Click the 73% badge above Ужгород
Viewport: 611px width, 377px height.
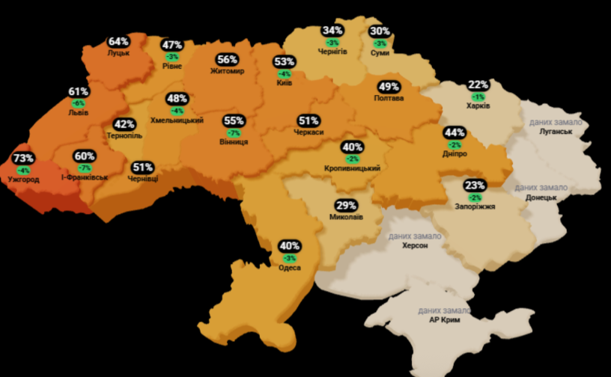tap(23, 159)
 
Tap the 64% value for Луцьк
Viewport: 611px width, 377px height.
tap(118, 42)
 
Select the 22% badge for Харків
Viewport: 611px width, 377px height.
tap(478, 85)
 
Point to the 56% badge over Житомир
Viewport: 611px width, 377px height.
tap(228, 60)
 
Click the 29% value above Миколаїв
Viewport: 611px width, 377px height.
tap(346, 206)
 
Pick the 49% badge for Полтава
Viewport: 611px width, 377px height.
tap(389, 87)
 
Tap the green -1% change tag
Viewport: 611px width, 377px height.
tap(478, 96)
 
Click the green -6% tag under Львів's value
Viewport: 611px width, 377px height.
tap(78, 102)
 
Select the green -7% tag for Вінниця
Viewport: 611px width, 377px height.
tap(234, 132)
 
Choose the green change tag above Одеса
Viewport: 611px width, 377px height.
tap(290, 257)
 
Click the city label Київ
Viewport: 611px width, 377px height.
tap(284, 83)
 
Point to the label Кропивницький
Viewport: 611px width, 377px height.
tap(352, 169)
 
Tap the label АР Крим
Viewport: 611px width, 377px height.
tap(445, 320)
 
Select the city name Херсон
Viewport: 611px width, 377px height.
tap(415, 245)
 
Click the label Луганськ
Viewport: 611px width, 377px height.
tap(555, 132)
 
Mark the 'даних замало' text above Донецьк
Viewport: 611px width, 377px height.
tap(541, 187)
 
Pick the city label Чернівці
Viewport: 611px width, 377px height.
tap(143, 178)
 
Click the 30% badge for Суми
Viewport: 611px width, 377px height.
tap(380, 31)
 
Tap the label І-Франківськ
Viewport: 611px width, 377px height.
tap(85, 177)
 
